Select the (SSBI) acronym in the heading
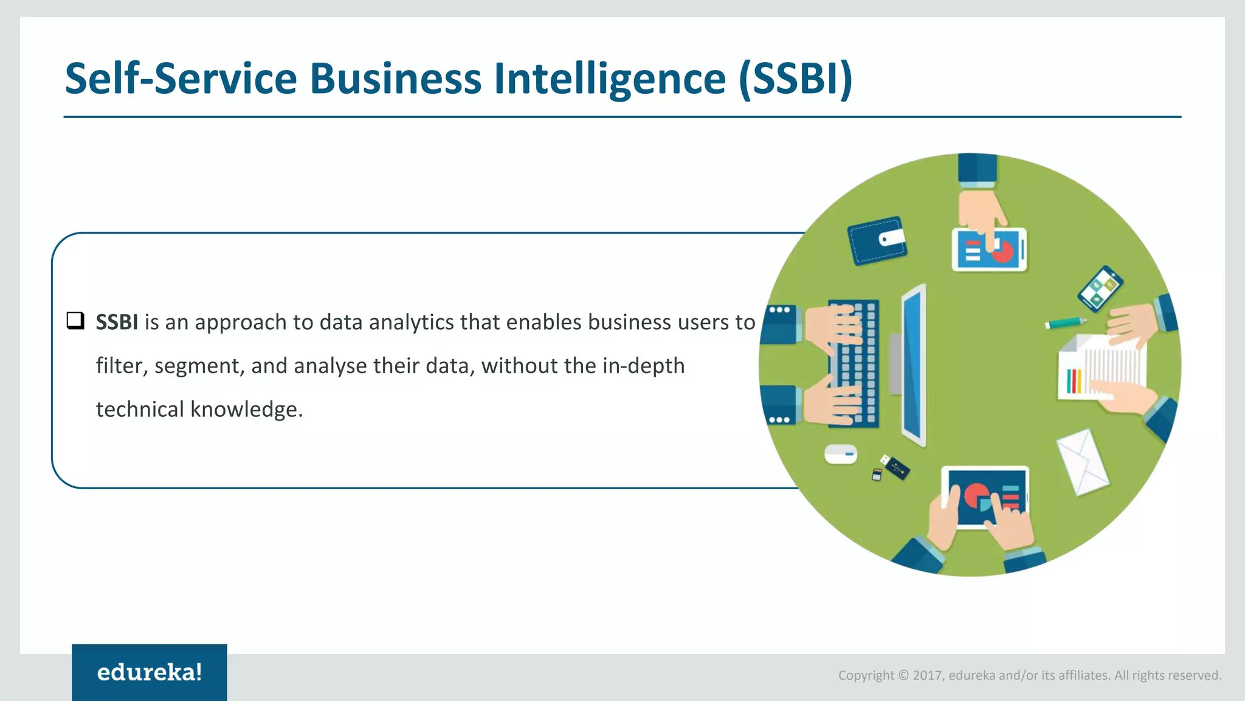(796, 79)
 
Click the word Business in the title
(395, 79)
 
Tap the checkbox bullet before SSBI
(75, 321)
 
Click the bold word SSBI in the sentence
(117, 322)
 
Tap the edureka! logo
(150, 672)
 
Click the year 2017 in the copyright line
(927, 675)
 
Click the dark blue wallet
(876, 241)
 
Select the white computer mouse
(841, 454)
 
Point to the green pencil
(1066, 323)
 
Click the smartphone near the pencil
(1100, 289)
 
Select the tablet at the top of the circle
(989, 250)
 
